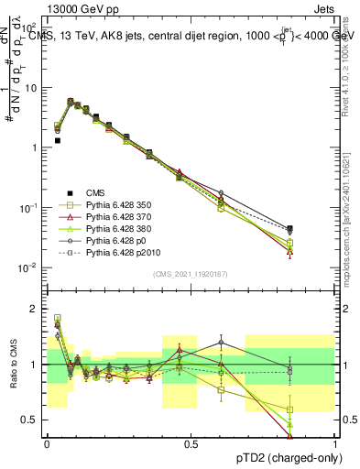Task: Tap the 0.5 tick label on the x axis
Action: click(x=191, y=444)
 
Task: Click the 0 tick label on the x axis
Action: click(x=47, y=444)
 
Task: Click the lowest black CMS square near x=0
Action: click(x=57, y=140)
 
